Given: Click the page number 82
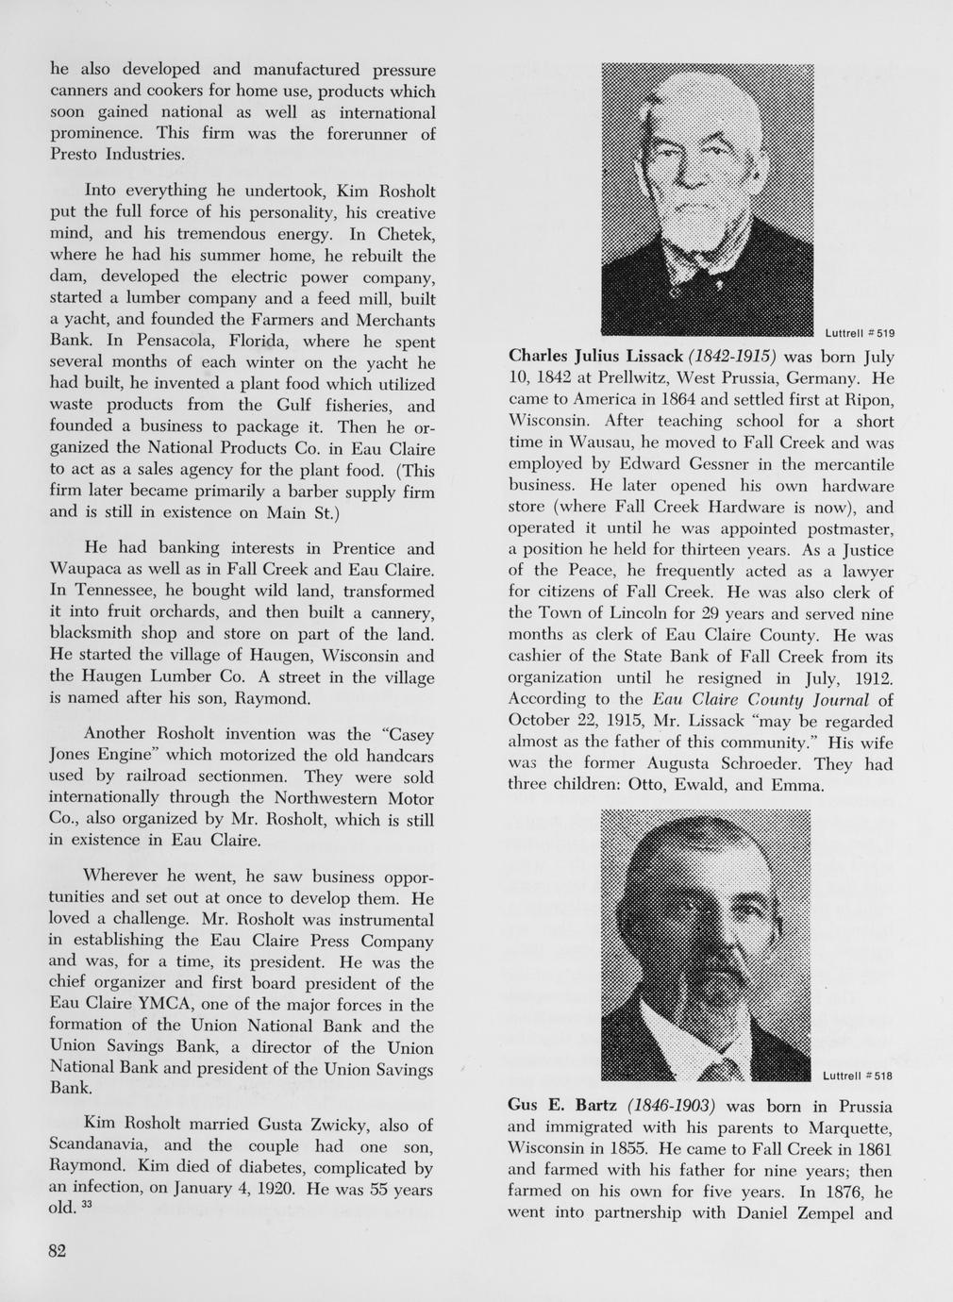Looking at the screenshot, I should click(x=58, y=1250).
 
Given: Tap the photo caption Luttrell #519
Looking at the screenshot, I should click(x=859, y=332).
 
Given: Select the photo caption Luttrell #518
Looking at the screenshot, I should click(x=857, y=1076).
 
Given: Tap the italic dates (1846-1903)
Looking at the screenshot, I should click(x=672, y=1105).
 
